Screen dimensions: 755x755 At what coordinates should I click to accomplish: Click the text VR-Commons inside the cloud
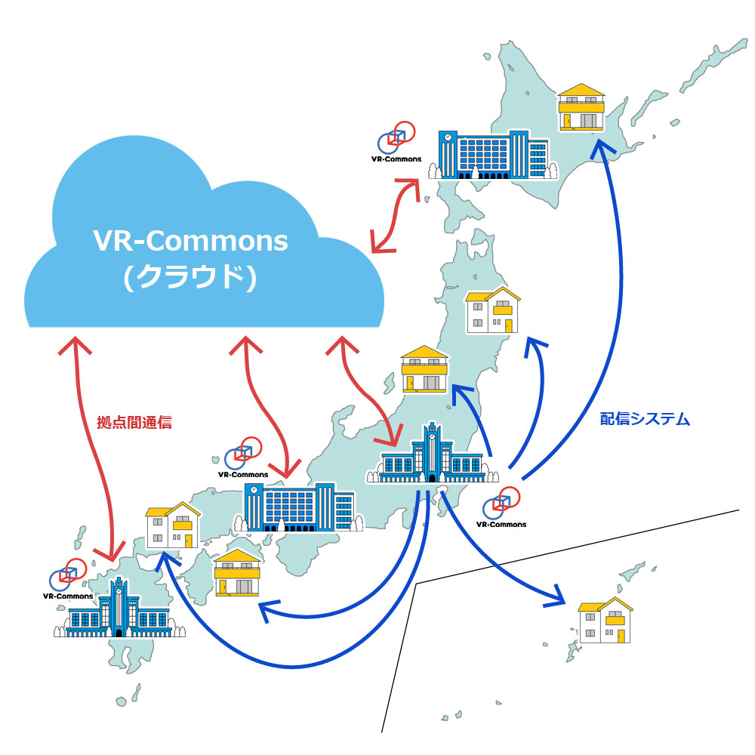[190, 241]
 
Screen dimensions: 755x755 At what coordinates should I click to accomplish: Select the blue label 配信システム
[645, 420]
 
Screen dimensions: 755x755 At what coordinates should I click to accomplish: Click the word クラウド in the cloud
[190, 279]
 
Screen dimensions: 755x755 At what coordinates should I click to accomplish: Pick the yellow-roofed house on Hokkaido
[581, 107]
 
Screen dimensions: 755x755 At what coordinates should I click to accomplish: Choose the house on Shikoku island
[237, 573]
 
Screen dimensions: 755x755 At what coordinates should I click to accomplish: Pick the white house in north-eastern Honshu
[492, 310]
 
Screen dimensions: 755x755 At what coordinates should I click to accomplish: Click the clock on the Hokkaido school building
[448, 137]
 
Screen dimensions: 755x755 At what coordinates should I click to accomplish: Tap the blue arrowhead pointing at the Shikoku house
[264, 609]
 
